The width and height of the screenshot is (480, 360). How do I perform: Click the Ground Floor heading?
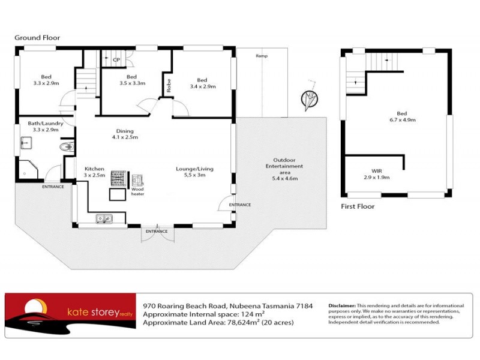tap(37, 38)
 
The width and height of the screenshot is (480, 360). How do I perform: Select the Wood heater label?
tap(138, 191)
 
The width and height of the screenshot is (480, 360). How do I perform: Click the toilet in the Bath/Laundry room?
tap(66, 146)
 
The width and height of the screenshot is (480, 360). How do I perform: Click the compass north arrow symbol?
tap(310, 98)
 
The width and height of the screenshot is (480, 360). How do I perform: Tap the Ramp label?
tap(261, 56)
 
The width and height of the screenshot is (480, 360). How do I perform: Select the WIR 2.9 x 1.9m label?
tap(377, 175)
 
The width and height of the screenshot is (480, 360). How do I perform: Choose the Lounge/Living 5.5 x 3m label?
tap(194, 172)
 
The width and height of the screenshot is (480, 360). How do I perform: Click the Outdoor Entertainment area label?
tap(284, 169)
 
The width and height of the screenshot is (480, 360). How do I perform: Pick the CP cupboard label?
tap(116, 59)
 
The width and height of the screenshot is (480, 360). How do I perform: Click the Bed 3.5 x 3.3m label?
tap(132, 80)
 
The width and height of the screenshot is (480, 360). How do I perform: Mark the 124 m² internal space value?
tap(254, 314)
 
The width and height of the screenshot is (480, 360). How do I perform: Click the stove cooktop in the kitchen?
tap(116, 178)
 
